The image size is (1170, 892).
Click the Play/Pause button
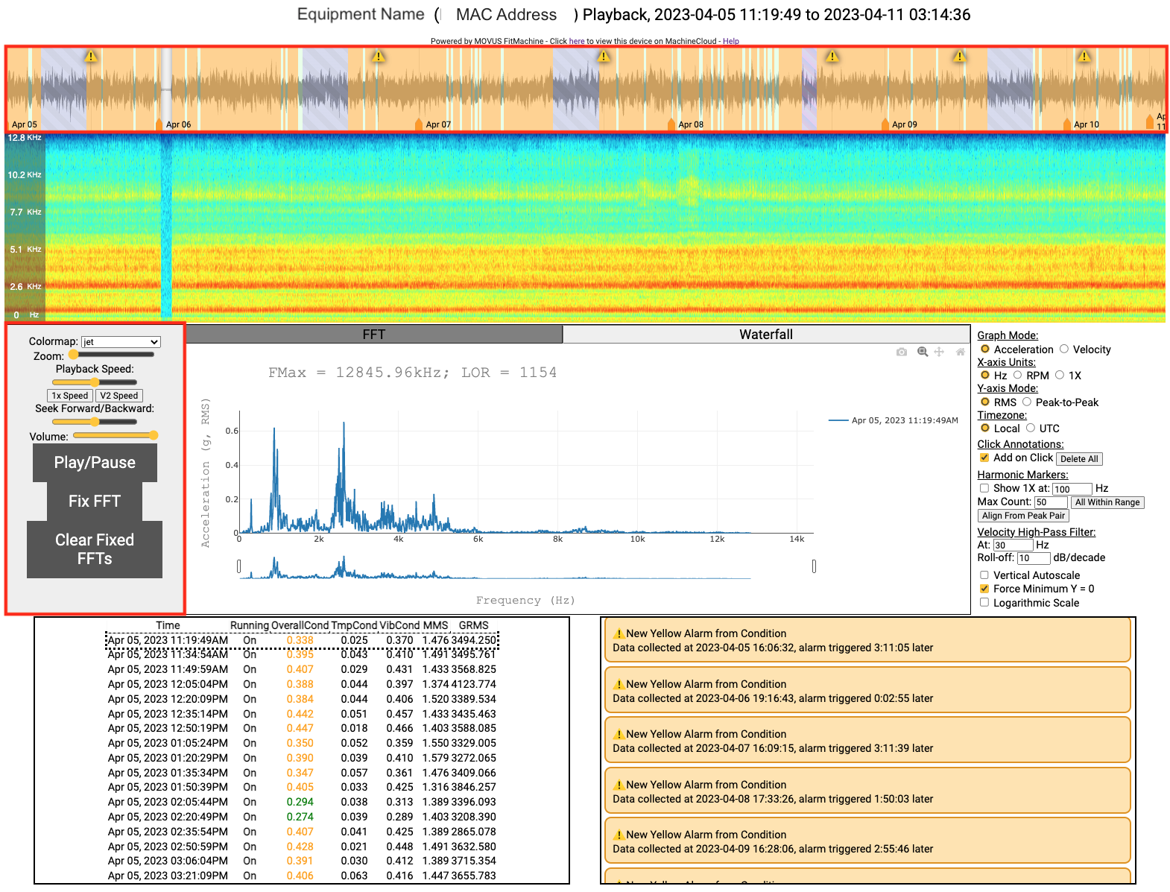click(x=95, y=463)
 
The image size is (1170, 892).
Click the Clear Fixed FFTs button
click(x=95, y=549)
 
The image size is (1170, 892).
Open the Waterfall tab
click(x=765, y=335)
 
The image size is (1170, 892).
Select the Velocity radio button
click(x=1064, y=349)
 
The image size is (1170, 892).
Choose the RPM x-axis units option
click(x=1017, y=376)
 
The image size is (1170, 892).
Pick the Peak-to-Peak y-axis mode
click(x=1027, y=402)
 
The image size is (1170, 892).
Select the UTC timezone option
click(x=1031, y=428)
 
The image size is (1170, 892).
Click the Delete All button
click(x=1078, y=459)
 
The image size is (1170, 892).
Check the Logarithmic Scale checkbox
click(x=984, y=603)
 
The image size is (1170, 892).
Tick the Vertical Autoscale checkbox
click(x=984, y=575)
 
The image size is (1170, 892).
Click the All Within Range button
click(x=1107, y=502)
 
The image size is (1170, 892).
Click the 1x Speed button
click(x=70, y=396)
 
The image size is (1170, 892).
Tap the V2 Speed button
click(x=119, y=396)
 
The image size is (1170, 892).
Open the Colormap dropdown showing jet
click(x=121, y=342)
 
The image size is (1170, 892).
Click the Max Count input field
click(x=1050, y=502)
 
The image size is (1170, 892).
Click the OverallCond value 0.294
click(x=300, y=803)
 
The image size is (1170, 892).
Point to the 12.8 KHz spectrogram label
click(x=25, y=138)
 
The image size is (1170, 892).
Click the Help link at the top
click(x=730, y=42)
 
